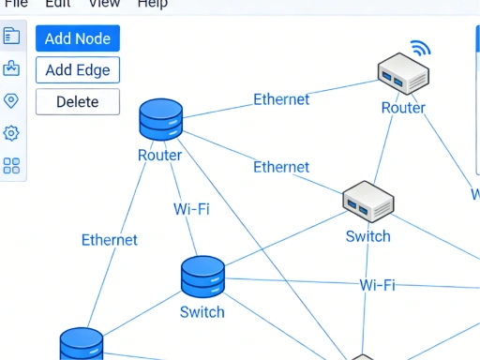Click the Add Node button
click(78, 38)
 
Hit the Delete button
click(78, 101)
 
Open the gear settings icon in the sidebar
click(11, 133)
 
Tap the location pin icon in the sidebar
click(11, 100)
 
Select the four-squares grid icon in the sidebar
click(11, 166)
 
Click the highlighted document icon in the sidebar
click(11, 36)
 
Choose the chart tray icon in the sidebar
click(11, 68)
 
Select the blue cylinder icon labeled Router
click(160, 120)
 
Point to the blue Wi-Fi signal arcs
click(419, 48)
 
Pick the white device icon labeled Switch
click(367, 201)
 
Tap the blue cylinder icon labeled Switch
click(202, 277)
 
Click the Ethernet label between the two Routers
click(281, 99)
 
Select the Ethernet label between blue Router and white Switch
click(281, 167)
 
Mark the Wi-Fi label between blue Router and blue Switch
click(191, 208)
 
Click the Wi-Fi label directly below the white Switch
click(377, 285)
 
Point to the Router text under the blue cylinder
click(159, 156)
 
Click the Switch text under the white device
click(367, 236)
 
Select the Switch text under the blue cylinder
click(202, 312)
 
